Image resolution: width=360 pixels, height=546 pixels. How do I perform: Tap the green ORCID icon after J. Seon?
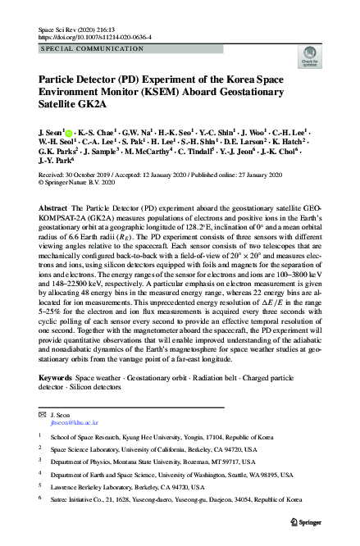68,130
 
